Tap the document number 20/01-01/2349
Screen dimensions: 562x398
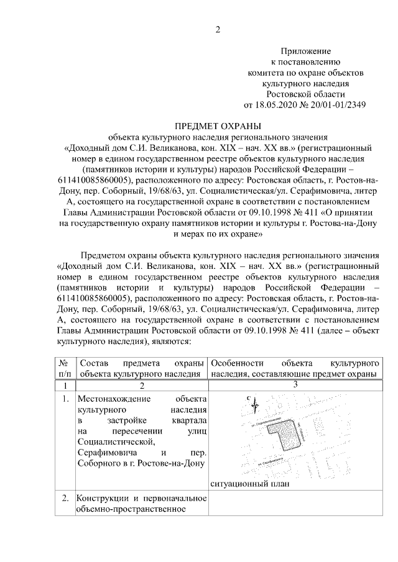point(336,104)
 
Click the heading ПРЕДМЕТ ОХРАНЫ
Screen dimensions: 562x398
point(217,125)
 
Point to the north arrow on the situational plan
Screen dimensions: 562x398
point(254,405)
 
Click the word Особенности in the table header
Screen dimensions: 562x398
point(238,363)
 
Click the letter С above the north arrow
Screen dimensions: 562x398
point(248,398)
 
